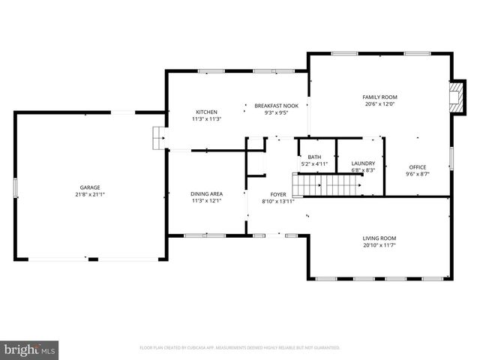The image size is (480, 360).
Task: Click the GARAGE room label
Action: pos(90,187)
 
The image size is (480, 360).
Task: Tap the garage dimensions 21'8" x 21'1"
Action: pos(90,194)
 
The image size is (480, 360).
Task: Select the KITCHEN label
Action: pos(206,112)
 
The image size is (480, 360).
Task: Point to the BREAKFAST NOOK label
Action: pos(276,106)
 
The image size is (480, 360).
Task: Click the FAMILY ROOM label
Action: pos(379,97)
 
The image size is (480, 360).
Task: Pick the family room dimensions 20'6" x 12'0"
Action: pos(379,104)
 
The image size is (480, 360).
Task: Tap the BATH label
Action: pos(314,157)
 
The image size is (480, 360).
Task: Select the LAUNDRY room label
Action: pos(363,163)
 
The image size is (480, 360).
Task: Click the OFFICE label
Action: pos(417,166)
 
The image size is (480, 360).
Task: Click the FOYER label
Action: pos(277,193)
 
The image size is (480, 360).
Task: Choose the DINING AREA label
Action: pos(206,193)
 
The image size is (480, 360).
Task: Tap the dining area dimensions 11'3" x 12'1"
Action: pos(206,201)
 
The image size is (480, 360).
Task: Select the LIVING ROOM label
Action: pos(379,238)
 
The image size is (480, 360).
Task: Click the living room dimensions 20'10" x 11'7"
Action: pos(379,245)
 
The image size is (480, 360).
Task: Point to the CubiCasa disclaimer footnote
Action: pos(240,348)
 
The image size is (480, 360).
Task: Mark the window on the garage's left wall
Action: pos(15,187)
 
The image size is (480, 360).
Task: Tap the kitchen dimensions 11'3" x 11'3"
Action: pos(206,119)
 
